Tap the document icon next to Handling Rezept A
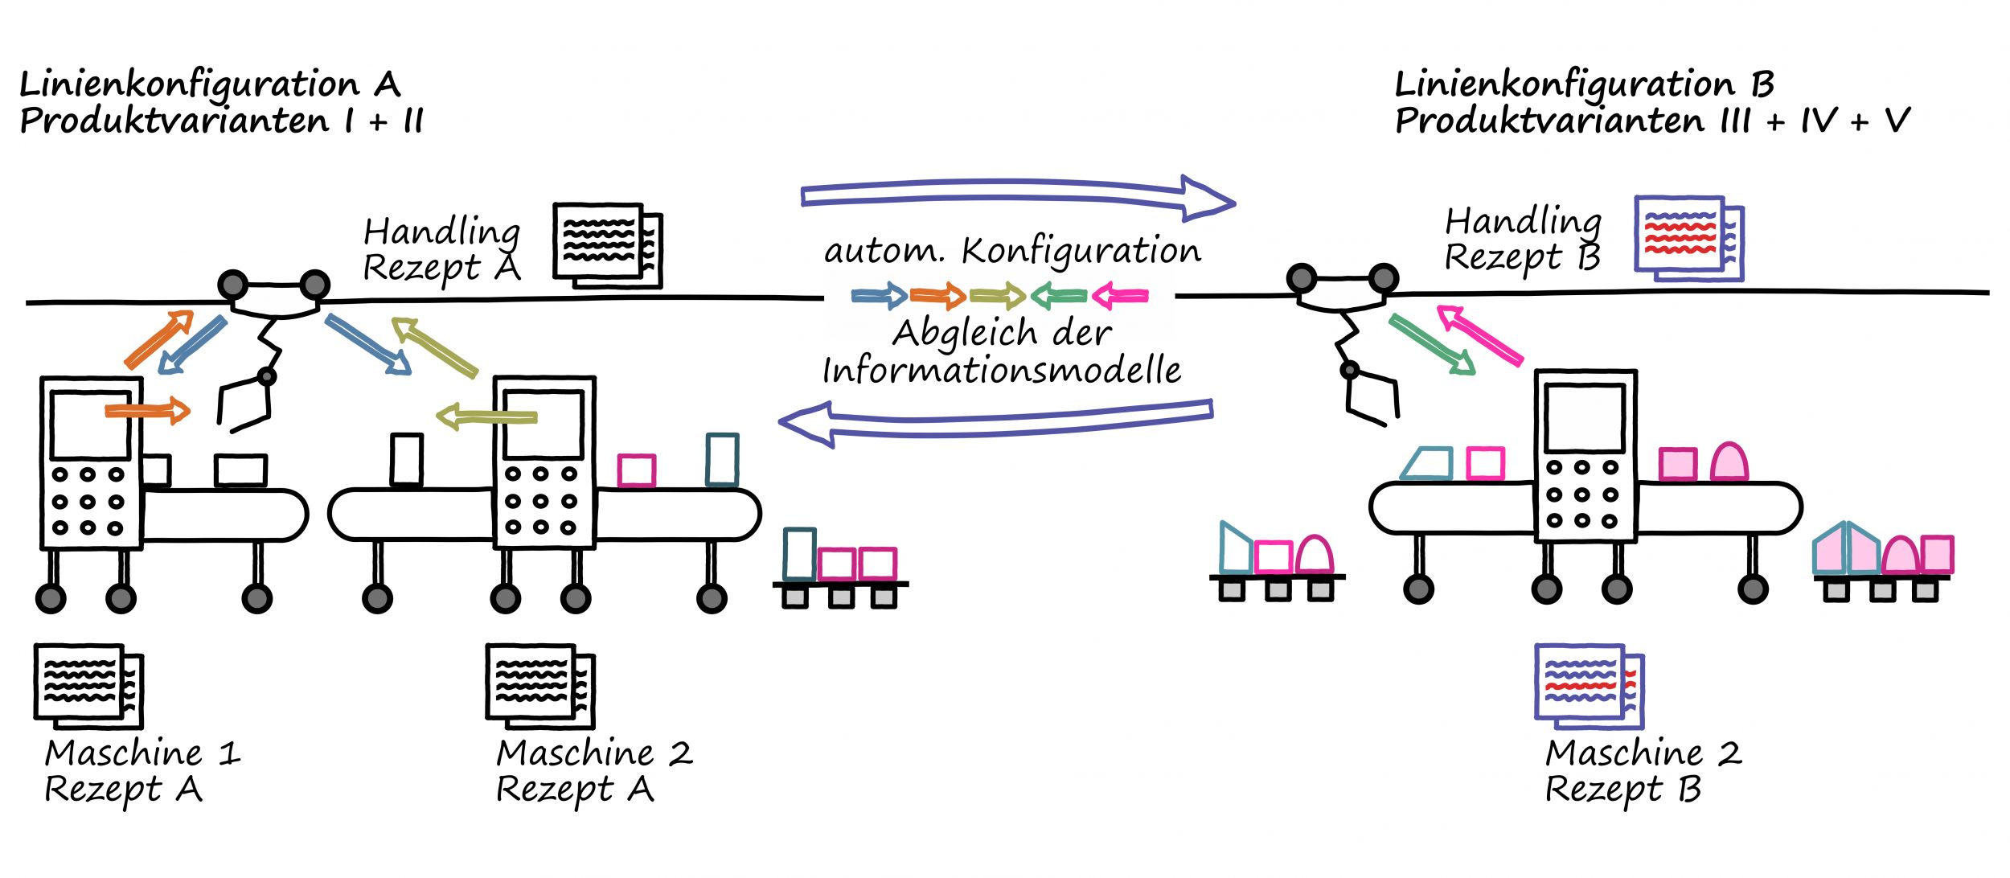606,244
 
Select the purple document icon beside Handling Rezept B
1688,238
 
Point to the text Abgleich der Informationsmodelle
1001,352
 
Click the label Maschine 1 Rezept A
141,770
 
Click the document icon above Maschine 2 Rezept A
539,685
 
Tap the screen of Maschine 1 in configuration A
91,425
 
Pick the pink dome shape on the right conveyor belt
1729,462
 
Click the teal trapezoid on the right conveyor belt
1428,464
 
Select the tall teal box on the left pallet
799,554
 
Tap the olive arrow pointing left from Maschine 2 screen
486,417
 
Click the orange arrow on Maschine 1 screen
147,412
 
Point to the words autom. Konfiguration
1011,251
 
